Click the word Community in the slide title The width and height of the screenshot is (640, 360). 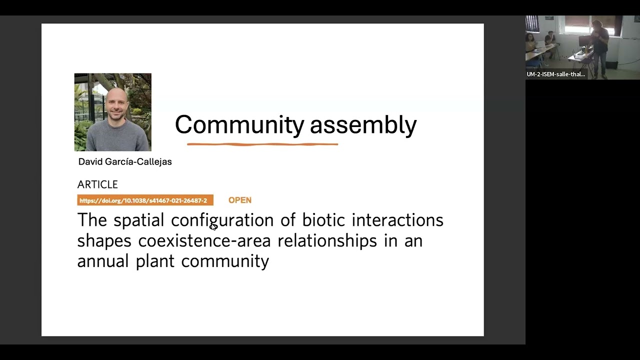(239, 125)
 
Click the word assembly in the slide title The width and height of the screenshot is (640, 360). (363, 125)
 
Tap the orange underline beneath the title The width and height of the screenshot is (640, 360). (262, 144)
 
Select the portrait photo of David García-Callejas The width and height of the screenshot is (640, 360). (112, 112)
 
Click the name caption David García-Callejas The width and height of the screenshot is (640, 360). (125, 161)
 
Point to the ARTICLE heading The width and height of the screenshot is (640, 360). (97, 184)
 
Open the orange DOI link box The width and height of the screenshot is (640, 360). (145, 200)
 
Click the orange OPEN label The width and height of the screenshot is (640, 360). (240, 200)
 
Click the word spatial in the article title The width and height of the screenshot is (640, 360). (138, 220)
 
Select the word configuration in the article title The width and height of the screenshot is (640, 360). (222, 220)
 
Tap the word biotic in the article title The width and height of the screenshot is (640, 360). (323, 220)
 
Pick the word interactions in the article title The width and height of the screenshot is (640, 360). (397, 220)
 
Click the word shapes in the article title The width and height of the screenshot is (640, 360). (104, 241)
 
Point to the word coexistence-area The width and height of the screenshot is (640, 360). (204, 241)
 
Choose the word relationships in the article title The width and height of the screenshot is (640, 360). (327, 241)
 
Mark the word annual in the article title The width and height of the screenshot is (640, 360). (102, 261)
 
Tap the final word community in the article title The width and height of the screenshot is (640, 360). (225, 261)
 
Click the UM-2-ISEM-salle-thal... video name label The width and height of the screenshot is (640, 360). (555, 74)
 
